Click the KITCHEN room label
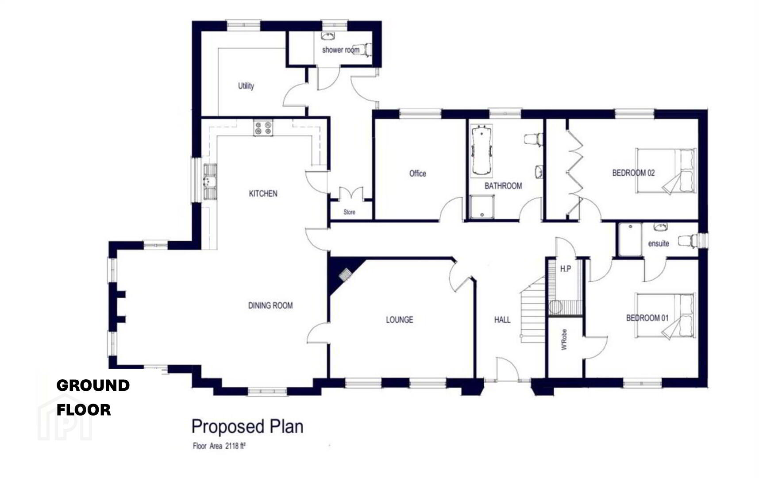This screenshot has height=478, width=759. pos(263,193)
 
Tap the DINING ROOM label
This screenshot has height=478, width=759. pos(270,305)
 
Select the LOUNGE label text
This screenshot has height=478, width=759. pos(399,320)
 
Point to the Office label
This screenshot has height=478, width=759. pos(417,173)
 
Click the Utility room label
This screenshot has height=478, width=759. pos(246,86)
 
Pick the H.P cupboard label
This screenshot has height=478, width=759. pos(566,269)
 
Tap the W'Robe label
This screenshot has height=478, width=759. pos(564,340)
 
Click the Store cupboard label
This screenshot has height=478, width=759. pos(349,212)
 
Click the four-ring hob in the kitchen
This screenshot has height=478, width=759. pos(263,127)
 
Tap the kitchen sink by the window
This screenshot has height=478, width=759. pos(210,182)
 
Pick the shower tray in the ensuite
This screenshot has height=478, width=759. pos(630,239)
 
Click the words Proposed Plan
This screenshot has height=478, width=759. pos(247,427)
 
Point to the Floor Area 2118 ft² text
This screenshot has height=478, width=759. pos(219,446)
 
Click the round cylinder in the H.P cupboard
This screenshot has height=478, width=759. pos(555,307)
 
